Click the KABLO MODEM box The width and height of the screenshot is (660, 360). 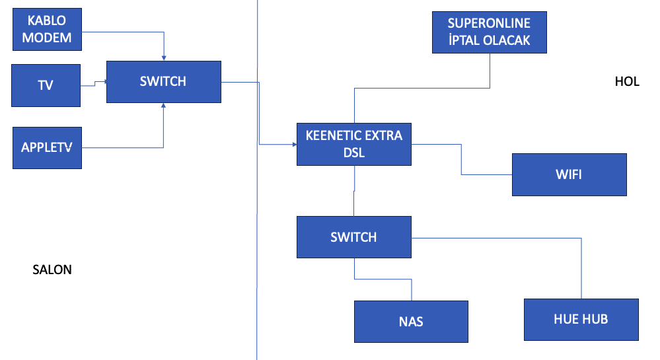[47, 30]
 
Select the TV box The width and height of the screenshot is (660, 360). [46, 85]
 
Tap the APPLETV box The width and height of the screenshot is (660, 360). [47, 148]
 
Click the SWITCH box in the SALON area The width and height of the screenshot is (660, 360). [164, 82]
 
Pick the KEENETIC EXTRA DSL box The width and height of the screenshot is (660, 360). [354, 145]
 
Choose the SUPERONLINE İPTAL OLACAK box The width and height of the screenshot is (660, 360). [490, 32]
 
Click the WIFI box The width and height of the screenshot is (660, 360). [569, 175]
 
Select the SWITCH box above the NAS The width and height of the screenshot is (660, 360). [354, 237]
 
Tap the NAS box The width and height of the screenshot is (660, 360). [411, 322]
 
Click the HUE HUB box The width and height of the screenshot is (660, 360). [581, 320]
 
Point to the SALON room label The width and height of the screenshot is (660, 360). [52, 270]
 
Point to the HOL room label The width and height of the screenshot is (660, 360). [627, 81]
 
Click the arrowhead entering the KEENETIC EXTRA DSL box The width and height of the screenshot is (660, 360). [295, 145]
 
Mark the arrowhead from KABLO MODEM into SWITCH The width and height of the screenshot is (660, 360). [164, 58]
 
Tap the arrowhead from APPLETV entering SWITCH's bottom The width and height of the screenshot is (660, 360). [163, 105]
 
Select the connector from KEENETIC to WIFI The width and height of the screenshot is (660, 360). [461, 160]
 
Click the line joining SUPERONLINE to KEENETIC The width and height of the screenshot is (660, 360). [422, 88]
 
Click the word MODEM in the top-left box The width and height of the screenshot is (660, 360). [47, 38]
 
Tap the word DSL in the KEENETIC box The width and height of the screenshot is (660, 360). [354, 153]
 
